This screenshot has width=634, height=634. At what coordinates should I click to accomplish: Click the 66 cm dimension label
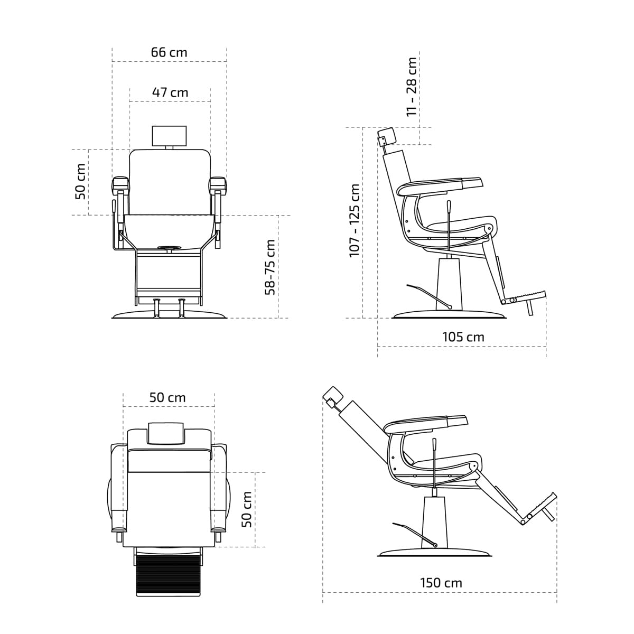tap(169, 52)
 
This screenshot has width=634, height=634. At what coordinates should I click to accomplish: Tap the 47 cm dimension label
tap(170, 92)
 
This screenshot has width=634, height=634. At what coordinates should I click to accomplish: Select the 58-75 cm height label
tap(270, 267)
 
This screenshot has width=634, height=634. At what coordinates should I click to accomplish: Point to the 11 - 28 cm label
tap(411, 87)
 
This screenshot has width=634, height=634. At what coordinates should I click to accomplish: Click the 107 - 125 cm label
tap(355, 220)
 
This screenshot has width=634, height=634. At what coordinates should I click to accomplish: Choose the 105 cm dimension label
tap(463, 337)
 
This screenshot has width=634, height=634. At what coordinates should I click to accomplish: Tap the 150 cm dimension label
tap(441, 583)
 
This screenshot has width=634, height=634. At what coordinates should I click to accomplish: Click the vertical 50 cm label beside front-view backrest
tap(81, 181)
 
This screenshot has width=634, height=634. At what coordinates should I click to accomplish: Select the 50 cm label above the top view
tap(167, 397)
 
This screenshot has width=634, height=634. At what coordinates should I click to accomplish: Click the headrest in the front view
tap(170, 135)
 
